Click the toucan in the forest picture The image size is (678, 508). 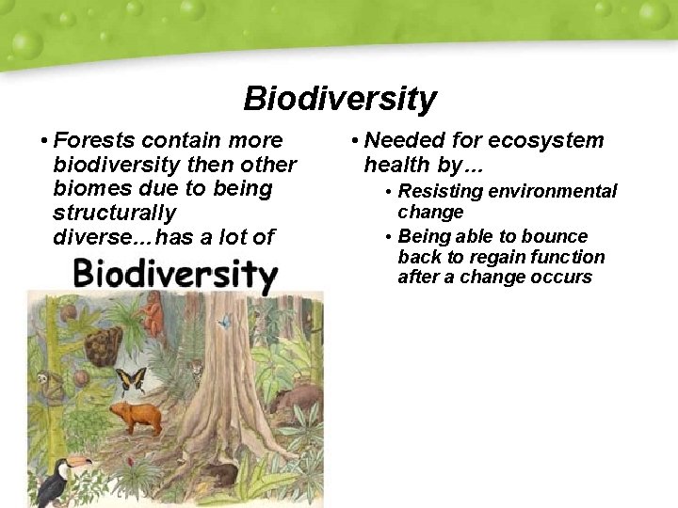pos(58,480)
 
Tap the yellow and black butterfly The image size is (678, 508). pos(130,380)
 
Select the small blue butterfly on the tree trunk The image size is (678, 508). pos(223,322)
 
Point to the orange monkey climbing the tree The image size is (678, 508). pos(153,315)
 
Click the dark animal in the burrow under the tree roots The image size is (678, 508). pos(222,473)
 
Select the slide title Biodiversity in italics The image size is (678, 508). pos(339,98)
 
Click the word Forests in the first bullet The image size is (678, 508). pos(93,140)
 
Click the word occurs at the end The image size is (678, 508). pos(563,278)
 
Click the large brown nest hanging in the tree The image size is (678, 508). pos(104,343)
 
